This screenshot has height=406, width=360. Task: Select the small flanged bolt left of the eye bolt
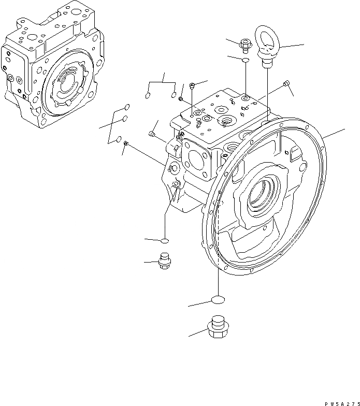tap(244, 45)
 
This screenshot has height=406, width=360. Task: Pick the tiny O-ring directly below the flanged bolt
tap(245, 61)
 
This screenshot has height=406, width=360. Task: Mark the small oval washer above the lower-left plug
tap(165, 241)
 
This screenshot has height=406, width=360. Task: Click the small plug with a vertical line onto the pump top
tap(192, 85)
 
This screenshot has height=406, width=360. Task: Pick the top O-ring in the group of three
tap(126, 108)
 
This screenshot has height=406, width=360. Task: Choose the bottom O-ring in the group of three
tap(120, 139)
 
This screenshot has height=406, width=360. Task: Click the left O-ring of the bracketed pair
tap(147, 95)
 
